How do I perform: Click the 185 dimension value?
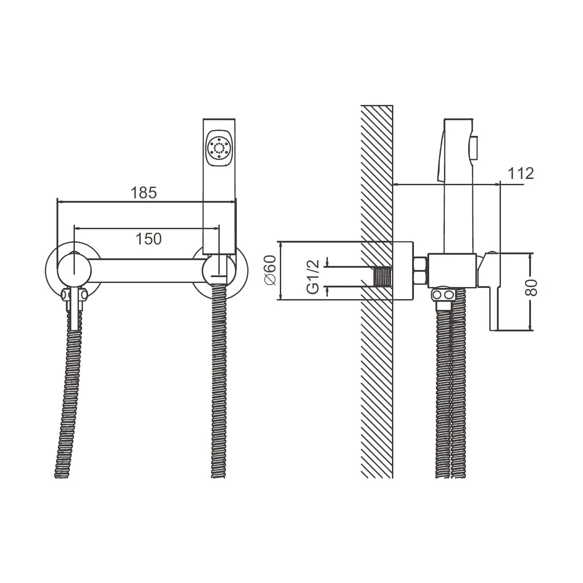tap(144, 193)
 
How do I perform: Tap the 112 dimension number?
tap(521, 174)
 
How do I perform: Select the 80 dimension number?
tap(532, 288)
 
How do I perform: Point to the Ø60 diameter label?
tap(270, 270)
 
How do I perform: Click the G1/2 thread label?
tap(313, 277)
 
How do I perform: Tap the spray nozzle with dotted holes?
tap(218, 148)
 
